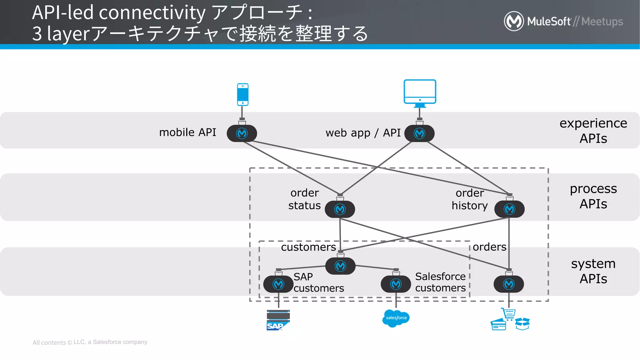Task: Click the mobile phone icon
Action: pyautogui.click(x=242, y=94)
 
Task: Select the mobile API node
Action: pyautogui.click(x=242, y=133)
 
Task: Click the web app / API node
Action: pyautogui.click(x=419, y=133)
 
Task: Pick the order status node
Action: pyautogui.click(x=340, y=209)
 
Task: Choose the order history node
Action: pyautogui.click(x=509, y=209)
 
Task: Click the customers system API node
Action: pyautogui.click(x=340, y=266)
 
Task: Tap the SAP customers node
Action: pyautogui.click(x=278, y=284)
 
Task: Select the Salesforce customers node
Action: pyautogui.click(x=396, y=284)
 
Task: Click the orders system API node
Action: pyautogui.click(x=509, y=284)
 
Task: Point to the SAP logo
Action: pyautogui.click(x=278, y=320)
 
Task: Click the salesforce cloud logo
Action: pyautogui.click(x=396, y=318)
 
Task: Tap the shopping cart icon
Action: pyautogui.click(x=509, y=314)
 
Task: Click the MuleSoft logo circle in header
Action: pyautogui.click(x=514, y=21)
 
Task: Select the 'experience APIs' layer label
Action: pyautogui.click(x=593, y=131)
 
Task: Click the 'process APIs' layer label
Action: pyautogui.click(x=593, y=196)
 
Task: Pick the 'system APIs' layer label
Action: pyautogui.click(x=593, y=271)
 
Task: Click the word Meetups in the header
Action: pyautogui.click(x=602, y=22)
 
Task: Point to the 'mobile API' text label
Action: pyautogui.click(x=187, y=132)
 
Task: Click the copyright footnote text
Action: pyautogui.click(x=90, y=342)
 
